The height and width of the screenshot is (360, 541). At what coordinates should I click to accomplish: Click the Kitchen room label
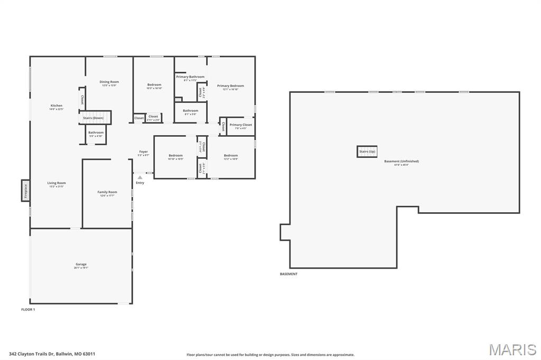[x=57, y=106]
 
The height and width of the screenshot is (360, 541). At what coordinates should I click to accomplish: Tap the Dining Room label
[x=109, y=82]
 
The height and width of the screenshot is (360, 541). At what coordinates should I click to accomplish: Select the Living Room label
[x=57, y=183]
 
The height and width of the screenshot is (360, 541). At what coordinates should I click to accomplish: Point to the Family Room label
[x=107, y=192]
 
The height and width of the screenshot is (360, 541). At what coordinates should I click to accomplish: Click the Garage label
[x=81, y=264]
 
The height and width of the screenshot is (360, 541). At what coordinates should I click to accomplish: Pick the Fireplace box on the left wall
[x=25, y=190]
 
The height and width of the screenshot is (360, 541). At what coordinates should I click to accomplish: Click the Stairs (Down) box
[x=94, y=118]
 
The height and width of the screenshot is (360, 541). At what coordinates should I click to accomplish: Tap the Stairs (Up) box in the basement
[x=367, y=151]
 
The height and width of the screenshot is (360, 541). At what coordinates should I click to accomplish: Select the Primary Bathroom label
[x=190, y=77]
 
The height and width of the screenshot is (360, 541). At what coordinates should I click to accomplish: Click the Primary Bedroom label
[x=230, y=86]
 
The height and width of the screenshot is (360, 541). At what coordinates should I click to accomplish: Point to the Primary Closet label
[x=241, y=125]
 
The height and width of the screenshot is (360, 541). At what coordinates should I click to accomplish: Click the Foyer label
[x=144, y=151]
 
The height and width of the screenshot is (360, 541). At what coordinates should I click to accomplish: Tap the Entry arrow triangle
[x=139, y=177]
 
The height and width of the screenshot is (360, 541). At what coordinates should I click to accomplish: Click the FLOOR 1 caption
[x=28, y=309]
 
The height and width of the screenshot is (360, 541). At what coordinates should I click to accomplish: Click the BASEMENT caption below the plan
[x=288, y=274]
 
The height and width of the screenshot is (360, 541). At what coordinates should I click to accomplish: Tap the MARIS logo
[x=512, y=349]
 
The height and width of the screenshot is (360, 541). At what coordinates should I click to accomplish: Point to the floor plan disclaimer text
[x=270, y=355]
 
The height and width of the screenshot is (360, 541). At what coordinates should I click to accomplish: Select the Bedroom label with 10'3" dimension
[x=154, y=85]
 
